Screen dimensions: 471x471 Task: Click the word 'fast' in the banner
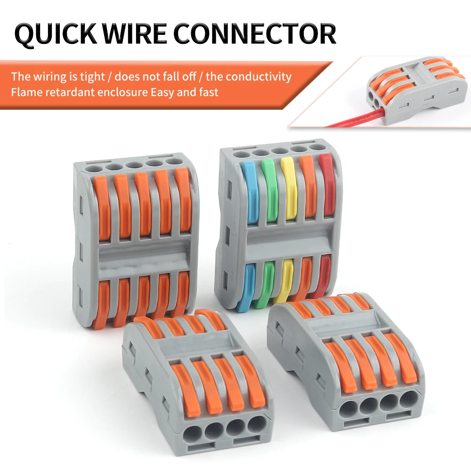tap(208, 92)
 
